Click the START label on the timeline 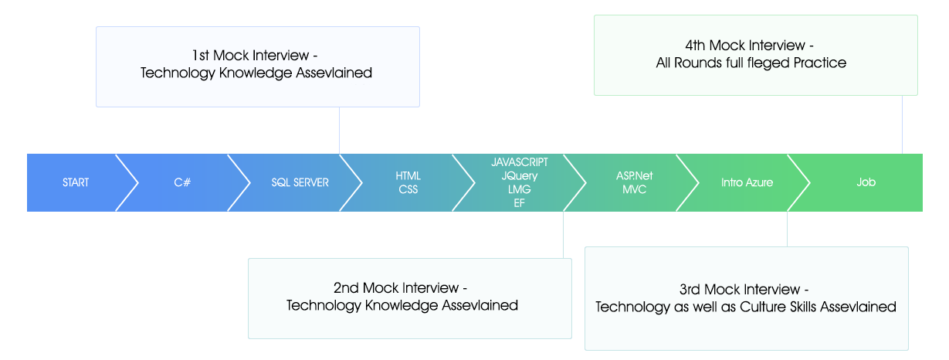(x=76, y=182)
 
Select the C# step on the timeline (x=182, y=182)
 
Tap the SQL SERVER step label (x=300, y=182)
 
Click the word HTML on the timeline (x=408, y=175)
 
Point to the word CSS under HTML (x=408, y=189)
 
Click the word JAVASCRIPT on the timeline (x=520, y=162)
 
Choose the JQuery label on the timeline (x=520, y=175)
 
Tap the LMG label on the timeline (x=520, y=189)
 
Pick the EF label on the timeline (x=520, y=202)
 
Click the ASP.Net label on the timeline (x=634, y=175)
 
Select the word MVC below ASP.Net (x=634, y=189)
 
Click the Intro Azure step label (x=747, y=182)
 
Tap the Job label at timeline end (x=866, y=182)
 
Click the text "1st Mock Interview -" (x=255, y=56)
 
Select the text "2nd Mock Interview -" (x=400, y=288)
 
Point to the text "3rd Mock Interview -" (x=744, y=289)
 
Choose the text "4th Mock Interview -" (x=750, y=46)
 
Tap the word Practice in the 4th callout (x=820, y=63)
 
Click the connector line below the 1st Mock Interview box (x=339, y=131)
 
